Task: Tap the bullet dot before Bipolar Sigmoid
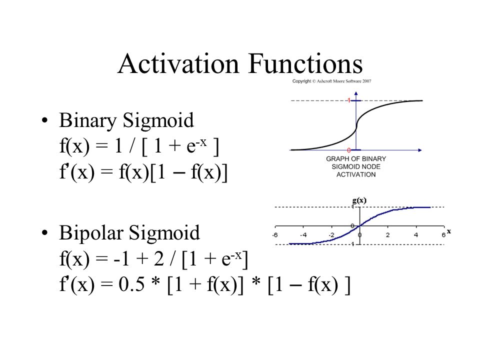pos(45,232)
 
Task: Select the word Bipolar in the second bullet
pos(90,232)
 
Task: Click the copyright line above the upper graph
pos(331,81)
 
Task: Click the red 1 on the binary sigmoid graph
pos(348,100)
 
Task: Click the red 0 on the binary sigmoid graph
pos(348,150)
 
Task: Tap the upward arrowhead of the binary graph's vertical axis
pos(355,93)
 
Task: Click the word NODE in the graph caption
pos(364,166)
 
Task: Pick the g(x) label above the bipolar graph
pos(359,200)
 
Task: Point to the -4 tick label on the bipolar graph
pos(303,235)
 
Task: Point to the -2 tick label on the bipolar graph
pos(331,235)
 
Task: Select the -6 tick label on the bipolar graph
pos(275,235)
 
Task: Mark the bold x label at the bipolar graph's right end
pos(448,231)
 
